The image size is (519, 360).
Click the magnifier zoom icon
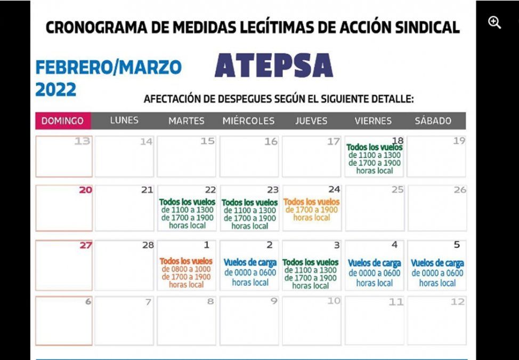(x=494, y=22)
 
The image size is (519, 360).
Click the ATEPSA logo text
(x=274, y=66)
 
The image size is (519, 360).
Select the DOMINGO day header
(x=63, y=121)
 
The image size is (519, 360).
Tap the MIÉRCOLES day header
(x=248, y=121)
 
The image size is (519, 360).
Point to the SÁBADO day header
(x=433, y=121)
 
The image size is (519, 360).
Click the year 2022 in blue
(x=56, y=90)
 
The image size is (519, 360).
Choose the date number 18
(x=398, y=140)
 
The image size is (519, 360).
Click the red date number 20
(x=85, y=190)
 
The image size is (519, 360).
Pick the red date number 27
(x=85, y=245)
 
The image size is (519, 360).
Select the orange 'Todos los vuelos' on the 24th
(x=311, y=202)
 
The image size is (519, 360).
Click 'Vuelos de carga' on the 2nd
(x=250, y=263)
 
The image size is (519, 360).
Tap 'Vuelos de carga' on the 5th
(x=437, y=263)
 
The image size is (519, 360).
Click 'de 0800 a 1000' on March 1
(x=186, y=269)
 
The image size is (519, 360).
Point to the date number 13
(x=82, y=141)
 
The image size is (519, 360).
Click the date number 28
(x=148, y=245)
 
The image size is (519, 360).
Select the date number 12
(x=457, y=302)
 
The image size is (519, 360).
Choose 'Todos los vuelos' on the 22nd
(x=187, y=202)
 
